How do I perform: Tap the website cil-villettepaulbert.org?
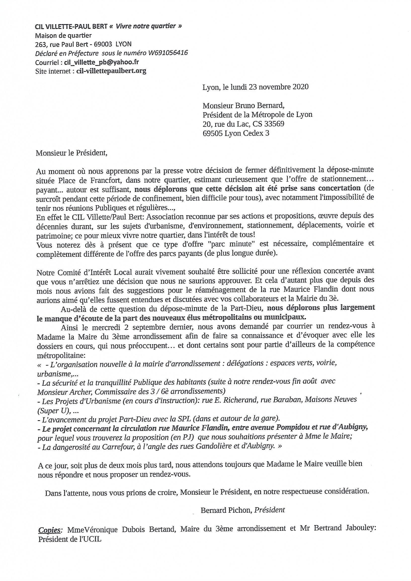tap(111, 71)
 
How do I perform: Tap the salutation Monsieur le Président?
tap(72, 153)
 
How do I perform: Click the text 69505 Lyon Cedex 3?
tap(236, 133)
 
